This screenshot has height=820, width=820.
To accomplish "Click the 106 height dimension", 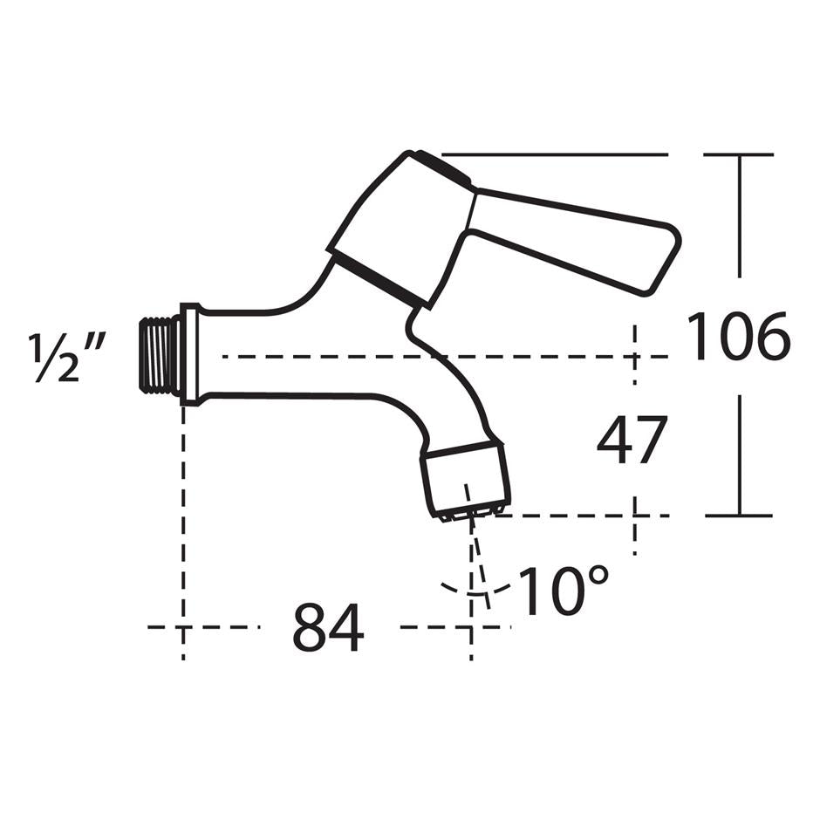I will [x=738, y=337].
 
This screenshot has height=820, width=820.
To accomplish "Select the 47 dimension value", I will [x=632, y=441].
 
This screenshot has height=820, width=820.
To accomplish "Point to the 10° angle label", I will [x=564, y=591].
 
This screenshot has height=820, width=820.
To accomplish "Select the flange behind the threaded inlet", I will [x=189, y=354].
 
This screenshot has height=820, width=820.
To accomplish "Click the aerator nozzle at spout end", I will [x=464, y=482].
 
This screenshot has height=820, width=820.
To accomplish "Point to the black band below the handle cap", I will [x=377, y=278].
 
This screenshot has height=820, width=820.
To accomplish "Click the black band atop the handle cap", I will [x=443, y=167].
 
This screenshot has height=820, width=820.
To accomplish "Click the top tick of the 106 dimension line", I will [x=739, y=155].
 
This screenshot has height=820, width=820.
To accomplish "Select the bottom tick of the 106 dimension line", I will [x=739, y=516].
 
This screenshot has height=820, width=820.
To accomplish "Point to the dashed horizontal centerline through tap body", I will [x=541, y=356].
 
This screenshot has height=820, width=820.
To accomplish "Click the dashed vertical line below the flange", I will [x=182, y=523].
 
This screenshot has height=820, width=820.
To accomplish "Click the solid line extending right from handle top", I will [x=567, y=155].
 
